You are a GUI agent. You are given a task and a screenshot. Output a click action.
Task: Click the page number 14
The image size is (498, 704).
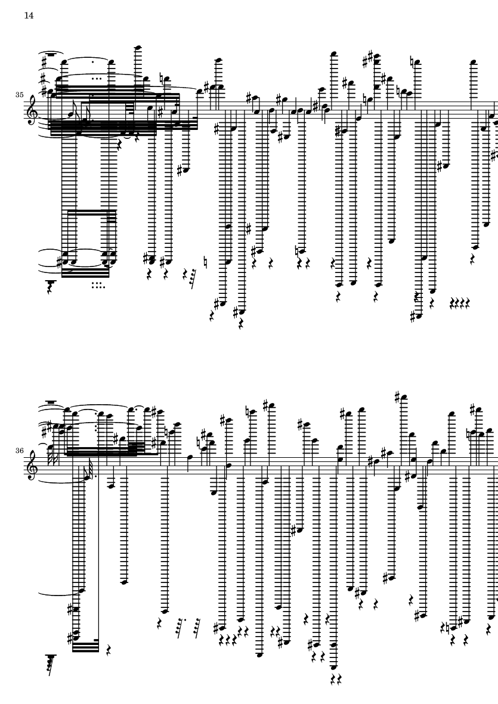click(x=29, y=15)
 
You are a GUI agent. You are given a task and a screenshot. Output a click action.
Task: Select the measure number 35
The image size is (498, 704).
click(x=19, y=95)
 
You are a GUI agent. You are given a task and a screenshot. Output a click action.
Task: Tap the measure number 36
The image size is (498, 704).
click(x=19, y=449)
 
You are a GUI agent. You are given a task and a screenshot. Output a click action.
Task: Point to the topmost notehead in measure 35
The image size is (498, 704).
click(x=139, y=46)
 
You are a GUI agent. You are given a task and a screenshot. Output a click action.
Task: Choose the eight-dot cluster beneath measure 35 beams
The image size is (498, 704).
click(x=98, y=285)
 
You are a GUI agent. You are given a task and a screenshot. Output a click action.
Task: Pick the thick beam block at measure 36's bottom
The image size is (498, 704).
click(x=85, y=646)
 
